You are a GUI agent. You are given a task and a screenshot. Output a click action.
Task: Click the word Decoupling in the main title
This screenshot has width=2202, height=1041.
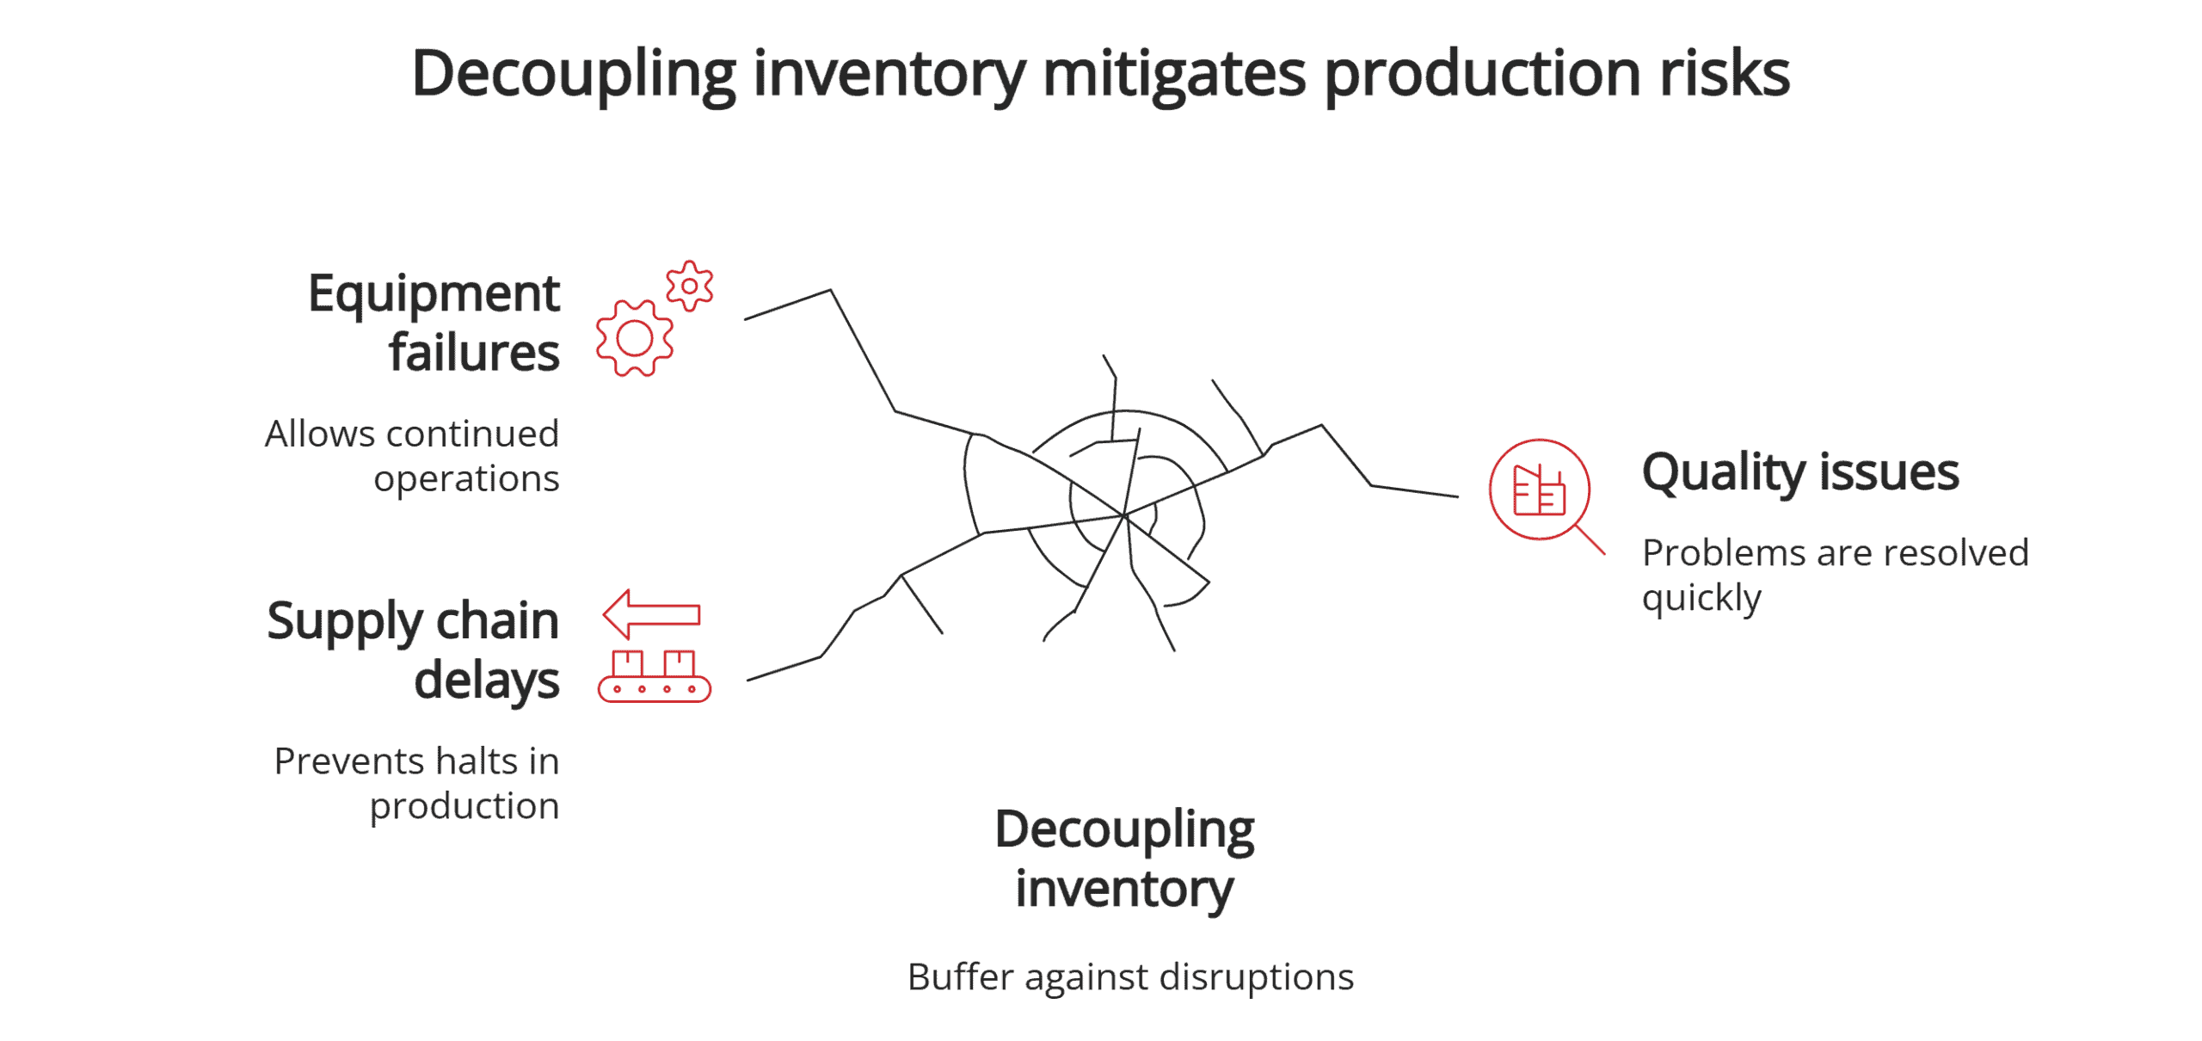573,74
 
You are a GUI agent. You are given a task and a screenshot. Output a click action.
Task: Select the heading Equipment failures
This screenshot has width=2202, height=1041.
434,323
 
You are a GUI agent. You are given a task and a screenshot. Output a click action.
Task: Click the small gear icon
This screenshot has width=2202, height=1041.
689,286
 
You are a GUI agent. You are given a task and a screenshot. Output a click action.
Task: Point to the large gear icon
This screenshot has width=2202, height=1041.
635,338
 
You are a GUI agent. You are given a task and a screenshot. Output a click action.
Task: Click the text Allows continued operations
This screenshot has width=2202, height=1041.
413,456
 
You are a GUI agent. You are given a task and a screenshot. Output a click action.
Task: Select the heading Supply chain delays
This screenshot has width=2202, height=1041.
414,650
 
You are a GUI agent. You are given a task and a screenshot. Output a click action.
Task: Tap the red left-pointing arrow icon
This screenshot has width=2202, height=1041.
651,614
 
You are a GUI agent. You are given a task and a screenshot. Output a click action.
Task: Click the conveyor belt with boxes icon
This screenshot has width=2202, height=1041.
655,678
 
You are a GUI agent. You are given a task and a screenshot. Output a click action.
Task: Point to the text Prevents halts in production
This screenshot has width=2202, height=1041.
417,783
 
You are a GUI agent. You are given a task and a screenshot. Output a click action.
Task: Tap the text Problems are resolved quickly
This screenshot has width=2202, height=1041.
1834,575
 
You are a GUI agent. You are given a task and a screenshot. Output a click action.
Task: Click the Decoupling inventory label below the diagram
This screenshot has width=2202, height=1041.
1124,858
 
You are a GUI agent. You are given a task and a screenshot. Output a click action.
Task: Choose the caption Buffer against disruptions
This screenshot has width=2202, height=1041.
1130,976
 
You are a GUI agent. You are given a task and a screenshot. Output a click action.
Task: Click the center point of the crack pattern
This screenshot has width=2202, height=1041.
1123,515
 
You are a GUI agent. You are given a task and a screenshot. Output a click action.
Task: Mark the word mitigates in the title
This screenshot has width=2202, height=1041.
1174,74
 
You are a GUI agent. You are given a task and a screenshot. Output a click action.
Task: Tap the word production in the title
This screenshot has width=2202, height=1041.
1482,74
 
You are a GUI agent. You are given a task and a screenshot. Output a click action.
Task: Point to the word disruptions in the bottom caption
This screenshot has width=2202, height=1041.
1257,976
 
